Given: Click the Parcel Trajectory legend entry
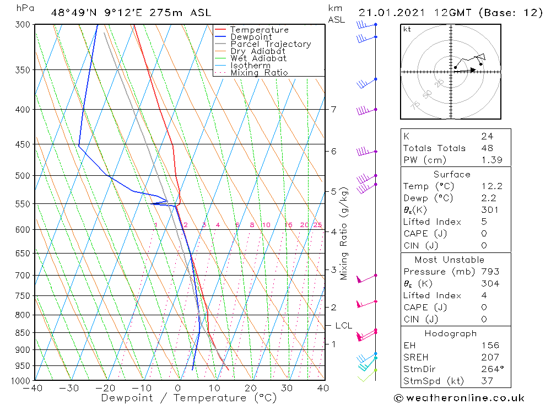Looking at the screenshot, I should (271, 44).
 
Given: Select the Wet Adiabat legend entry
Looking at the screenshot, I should (258, 58).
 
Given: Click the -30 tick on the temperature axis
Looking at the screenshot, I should (69, 388).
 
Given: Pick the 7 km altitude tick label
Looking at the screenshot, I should (333, 109).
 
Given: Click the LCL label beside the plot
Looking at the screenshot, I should (343, 326).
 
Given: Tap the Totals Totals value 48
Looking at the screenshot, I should (487, 148).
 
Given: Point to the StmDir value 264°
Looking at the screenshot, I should (491, 369).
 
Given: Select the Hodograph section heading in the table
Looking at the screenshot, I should (451, 333).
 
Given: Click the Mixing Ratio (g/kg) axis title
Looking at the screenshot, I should (344, 233).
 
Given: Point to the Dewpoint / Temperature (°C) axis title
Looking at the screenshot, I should (189, 397).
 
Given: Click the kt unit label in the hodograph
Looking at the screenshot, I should (407, 29).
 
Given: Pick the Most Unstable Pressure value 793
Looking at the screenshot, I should (489, 272).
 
